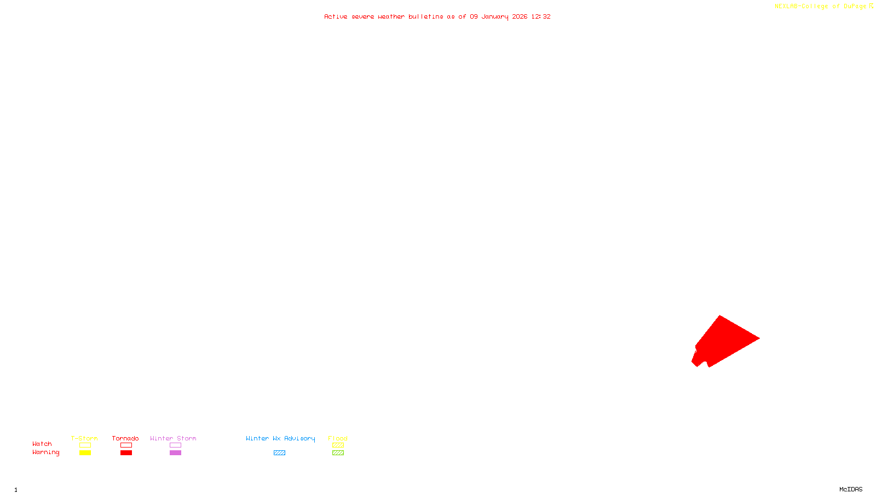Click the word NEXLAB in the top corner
point(786,7)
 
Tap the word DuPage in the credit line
point(855,7)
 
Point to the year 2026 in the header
point(520,16)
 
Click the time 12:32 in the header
point(541,16)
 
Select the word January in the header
point(495,16)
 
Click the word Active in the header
point(336,16)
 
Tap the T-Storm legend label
point(84,438)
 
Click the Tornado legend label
point(125,438)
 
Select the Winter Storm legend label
point(173,438)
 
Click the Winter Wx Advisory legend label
point(280,438)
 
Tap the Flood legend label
point(338,438)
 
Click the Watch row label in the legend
point(42,444)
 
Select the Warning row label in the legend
point(46,452)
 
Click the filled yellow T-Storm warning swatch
point(85,453)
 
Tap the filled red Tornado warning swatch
point(126,453)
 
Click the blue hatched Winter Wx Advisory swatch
point(279,453)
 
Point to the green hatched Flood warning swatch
point(338,453)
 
